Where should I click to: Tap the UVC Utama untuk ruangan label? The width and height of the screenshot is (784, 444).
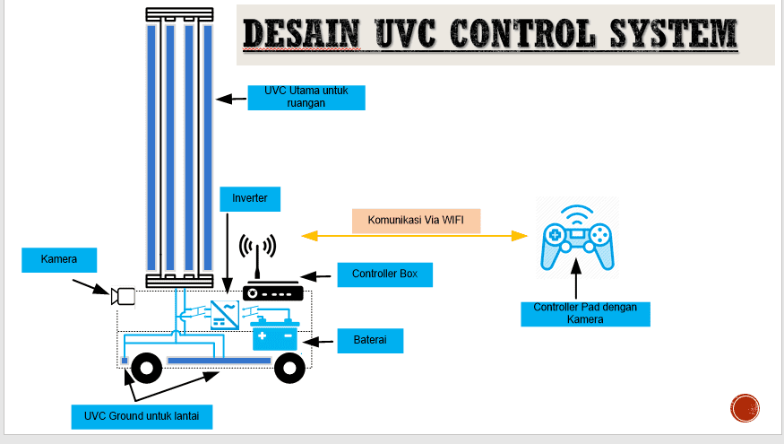306,96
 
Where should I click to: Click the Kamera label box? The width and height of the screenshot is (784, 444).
59,260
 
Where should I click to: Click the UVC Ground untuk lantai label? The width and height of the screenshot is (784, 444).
142,416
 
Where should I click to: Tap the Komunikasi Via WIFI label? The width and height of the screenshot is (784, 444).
417,221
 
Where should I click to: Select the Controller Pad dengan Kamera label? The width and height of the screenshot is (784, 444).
585,313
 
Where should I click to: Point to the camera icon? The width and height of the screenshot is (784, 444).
123,296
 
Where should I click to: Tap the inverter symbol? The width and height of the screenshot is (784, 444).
224,314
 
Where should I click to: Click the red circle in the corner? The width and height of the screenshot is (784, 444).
745,408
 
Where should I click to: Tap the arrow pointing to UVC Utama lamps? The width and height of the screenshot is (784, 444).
232,97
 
